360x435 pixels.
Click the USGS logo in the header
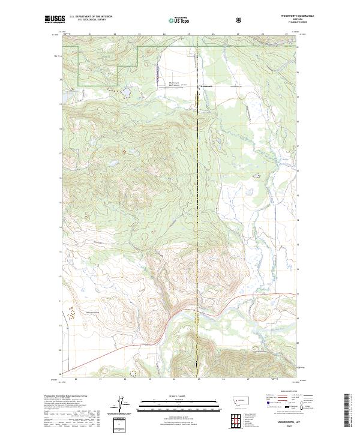point(55,19)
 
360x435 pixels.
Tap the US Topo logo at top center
point(180,20)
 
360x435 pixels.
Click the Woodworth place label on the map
point(206,86)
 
